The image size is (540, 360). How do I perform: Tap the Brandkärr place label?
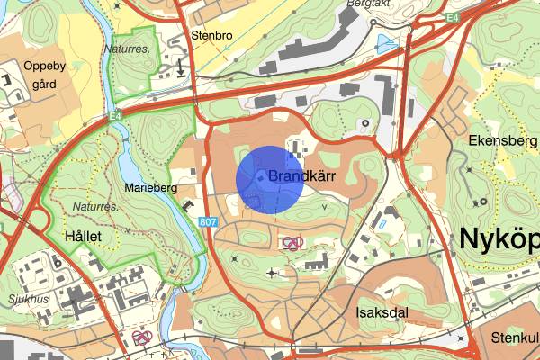click(x=301, y=177)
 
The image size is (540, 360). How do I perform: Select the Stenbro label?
click(x=211, y=36)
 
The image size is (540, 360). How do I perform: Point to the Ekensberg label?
click(x=502, y=141)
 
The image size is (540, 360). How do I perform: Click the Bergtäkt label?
click(x=364, y=4)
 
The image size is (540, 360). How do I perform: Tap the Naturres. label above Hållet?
click(x=81, y=206)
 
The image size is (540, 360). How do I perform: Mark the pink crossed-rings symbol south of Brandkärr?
click(x=291, y=243)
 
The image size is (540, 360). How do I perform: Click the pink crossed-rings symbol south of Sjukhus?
click(x=140, y=337)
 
